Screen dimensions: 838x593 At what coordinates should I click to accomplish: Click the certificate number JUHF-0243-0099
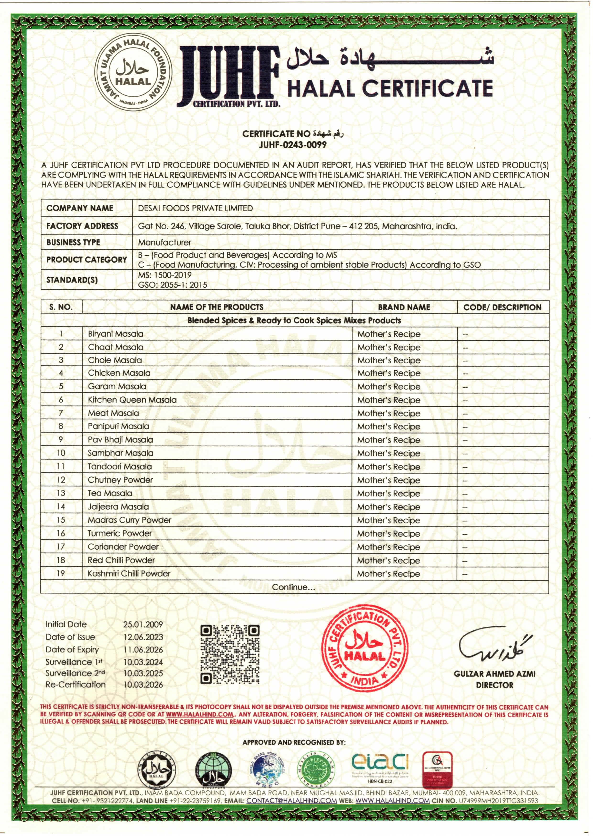click(x=293, y=145)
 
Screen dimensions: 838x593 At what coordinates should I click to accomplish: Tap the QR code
click(x=230, y=654)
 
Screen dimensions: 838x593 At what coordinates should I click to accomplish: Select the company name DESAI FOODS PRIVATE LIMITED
click(x=195, y=208)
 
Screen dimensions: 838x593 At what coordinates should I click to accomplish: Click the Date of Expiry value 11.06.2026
click(x=143, y=650)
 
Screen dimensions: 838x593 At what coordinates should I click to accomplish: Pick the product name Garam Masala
click(x=117, y=386)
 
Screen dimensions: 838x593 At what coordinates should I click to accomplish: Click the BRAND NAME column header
click(x=404, y=307)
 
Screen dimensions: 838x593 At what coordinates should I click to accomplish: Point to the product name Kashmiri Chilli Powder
click(x=129, y=573)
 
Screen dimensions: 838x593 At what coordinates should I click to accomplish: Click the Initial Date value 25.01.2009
click(x=143, y=624)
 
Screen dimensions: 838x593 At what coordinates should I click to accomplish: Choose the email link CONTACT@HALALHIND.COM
click(x=292, y=801)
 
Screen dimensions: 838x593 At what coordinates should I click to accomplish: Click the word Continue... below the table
click(x=293, y=587)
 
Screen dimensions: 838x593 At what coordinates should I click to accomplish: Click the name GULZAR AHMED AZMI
click(x=494, y=674)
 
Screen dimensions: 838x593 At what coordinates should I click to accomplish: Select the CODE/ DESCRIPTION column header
click(x=502, y=307)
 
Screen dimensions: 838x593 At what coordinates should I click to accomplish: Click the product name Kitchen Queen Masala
click(x=132, y=400)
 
